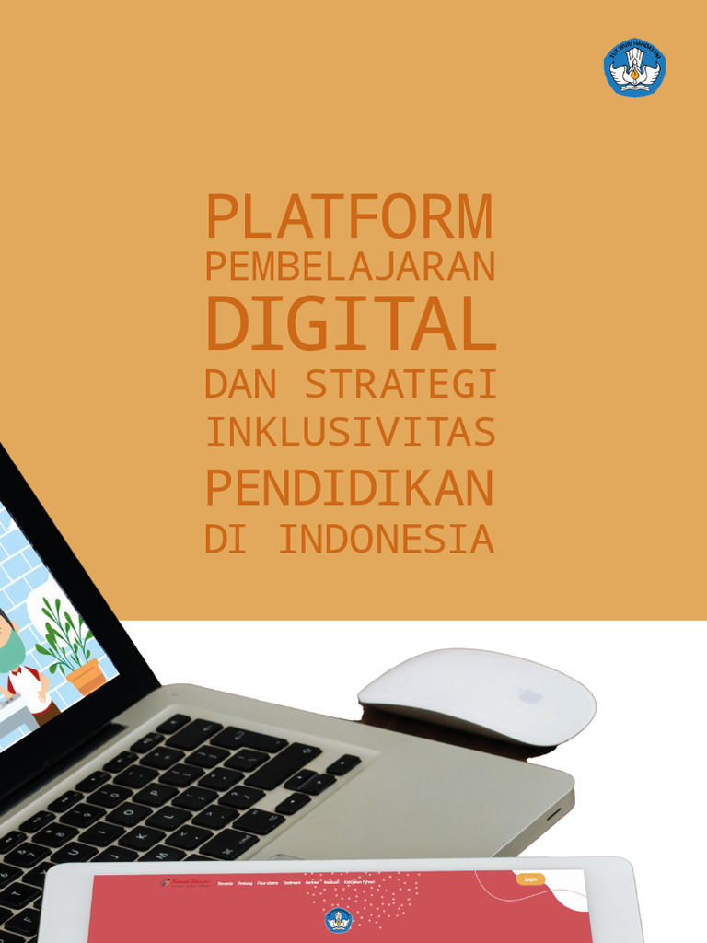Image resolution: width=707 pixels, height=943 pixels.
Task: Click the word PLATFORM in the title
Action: (x=349, y=217)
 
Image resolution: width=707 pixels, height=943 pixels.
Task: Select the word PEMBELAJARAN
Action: (x=350, y=267)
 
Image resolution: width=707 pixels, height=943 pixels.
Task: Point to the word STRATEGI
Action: (x=401, y=384)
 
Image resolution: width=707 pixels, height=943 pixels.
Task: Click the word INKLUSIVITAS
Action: (x=350, y=432)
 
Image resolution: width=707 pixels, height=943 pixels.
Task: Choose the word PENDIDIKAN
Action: (x=350, y=488)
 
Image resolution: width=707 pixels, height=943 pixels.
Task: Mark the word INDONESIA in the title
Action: (x=387, y=540)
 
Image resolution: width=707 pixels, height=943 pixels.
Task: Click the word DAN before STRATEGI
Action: (x=239, y=384)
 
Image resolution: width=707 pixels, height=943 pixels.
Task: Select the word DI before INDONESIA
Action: (x=225, y=540)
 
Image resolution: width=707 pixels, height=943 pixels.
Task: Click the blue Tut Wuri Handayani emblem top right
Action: (x=634, y=67)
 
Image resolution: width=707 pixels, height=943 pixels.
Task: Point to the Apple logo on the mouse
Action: (x=530, y=695)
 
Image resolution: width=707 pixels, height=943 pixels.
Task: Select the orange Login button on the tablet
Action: (x=530, y=879)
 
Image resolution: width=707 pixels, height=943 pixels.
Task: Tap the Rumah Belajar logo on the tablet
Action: (x=186, y=881)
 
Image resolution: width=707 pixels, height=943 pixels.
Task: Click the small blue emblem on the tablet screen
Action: (x=338, y=919)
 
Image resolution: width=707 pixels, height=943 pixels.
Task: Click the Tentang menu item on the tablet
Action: (x=245, y=883)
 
